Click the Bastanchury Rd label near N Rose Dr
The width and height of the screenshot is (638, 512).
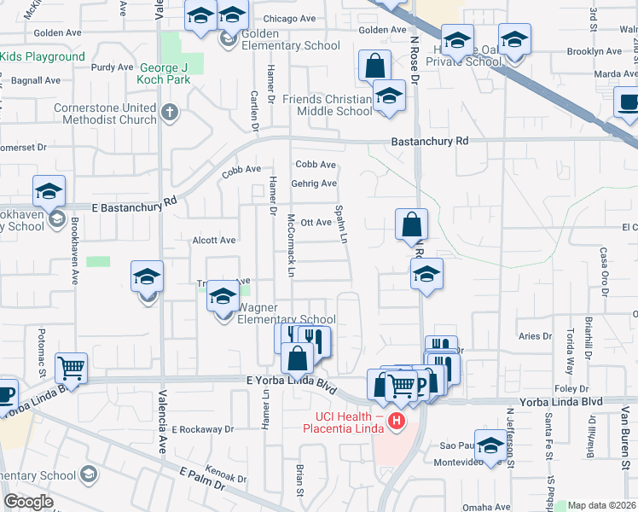point(430,141)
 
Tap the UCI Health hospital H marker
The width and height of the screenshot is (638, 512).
point(396,421)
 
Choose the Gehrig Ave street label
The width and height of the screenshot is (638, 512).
point(316,183)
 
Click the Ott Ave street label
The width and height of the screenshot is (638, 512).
point(316,223)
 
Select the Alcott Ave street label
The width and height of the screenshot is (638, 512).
point(214,241)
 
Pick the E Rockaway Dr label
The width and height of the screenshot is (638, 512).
point(203,429)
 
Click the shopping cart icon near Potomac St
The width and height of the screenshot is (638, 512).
point(71,368)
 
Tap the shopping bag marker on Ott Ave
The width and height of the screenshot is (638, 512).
point(411,225)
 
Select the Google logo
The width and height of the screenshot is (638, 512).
point(28,502)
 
